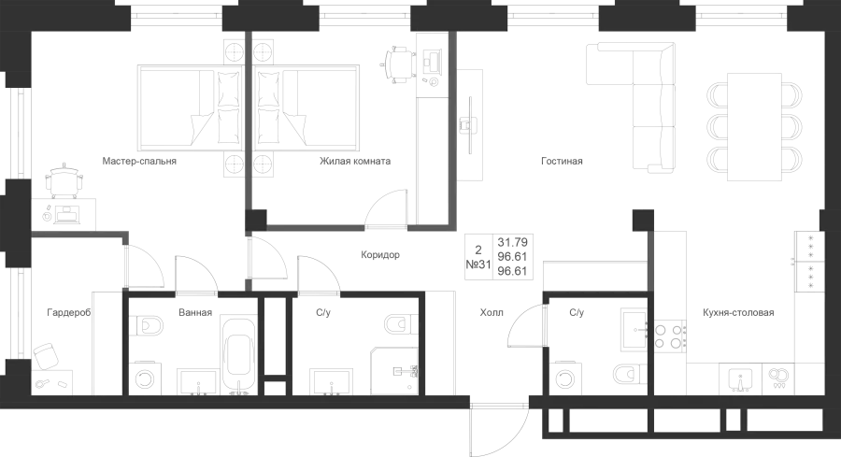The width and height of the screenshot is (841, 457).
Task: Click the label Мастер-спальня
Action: pyautogui.click(x=139, y=161)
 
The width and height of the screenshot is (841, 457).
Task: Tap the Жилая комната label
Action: pyautogui.click(x=355, y=161)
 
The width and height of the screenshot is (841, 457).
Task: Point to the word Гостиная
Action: pyautogui.click(x=562, y=161)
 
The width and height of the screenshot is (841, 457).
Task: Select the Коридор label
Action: pyautogui.click(x=380, y=255)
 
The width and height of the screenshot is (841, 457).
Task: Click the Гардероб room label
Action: pyautogui.click(x=68, y=312)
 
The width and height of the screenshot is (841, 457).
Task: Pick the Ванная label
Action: pyautogui.click(x=195, y=312)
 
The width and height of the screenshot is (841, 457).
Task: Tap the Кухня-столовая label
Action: pyautogui.click(x=738, y=312)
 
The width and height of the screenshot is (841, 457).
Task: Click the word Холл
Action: pyautogui.click(x=492, y=312)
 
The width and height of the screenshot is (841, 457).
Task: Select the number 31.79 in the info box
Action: pyautogui.click(x=513, y=242)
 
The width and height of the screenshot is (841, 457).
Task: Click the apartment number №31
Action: pyautogui.click(x=478, y=264)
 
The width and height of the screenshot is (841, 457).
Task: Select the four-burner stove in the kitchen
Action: pyautogui.click(x=669, y=336)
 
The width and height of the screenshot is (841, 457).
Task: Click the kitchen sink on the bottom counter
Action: pyautogui.click(x=740, y=378)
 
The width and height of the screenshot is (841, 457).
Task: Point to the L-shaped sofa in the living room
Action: pyautogui.click(x=631, y=107)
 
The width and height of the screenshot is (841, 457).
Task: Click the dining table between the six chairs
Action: pyautogui.click(x=754, y=126)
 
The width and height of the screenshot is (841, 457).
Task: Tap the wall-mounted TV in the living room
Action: pyautogui.click(x=470, y=125)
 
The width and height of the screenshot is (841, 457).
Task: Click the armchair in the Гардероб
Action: pyautogui.click(x=47, y=356)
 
